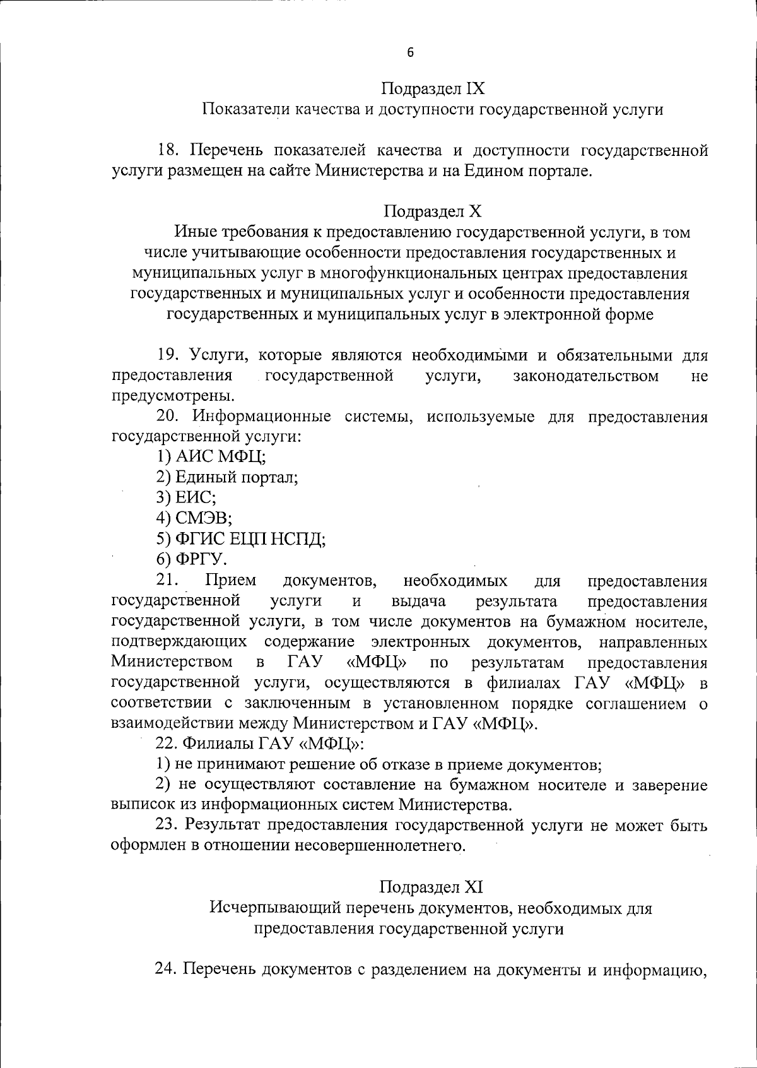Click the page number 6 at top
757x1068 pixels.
410,53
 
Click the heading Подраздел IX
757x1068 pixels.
433,88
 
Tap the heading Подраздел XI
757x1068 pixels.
431,887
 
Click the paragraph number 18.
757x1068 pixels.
168,150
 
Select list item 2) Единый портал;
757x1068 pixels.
227,477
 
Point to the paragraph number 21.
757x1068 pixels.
168,580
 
